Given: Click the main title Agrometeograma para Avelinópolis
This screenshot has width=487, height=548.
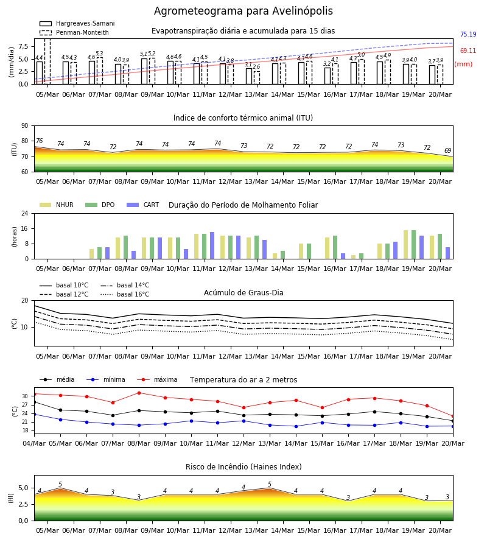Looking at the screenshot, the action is tap(243, 11).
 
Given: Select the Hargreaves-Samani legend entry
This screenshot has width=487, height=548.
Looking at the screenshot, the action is tap(77, 23).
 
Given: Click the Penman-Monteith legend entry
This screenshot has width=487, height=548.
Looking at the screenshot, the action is tap(74, 32).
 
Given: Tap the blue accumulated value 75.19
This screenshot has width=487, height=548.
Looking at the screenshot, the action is tap(468, 34).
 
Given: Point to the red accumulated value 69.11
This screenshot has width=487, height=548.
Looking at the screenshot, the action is tap(468, 51).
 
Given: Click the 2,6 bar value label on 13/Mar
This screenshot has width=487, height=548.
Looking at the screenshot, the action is tap(256, 67).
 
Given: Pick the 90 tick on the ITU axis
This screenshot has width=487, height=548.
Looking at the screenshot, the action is tap(25, 126).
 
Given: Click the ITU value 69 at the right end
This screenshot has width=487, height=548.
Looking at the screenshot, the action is tap(447, 150).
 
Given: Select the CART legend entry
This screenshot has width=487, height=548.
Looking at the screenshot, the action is tap(143, 205).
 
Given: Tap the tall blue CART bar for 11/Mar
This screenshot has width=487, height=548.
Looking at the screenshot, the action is tap(212, 245).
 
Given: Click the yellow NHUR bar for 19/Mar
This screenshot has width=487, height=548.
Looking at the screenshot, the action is tap(405, 245).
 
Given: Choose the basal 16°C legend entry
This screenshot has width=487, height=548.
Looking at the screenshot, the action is tap(125, 294).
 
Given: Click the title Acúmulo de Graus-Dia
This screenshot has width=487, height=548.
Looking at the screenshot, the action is tap(243, 293).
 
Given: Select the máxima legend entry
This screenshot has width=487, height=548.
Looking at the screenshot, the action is tap(157, 379).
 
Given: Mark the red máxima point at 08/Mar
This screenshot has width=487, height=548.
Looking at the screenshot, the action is tap(139, 393).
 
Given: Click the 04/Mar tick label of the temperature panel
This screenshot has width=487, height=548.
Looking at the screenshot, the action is tap(34, 443).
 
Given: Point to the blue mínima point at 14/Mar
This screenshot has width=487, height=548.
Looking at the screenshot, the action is tap(296, 426).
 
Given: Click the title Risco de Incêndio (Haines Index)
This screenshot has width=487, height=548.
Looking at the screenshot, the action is tap(243, 467).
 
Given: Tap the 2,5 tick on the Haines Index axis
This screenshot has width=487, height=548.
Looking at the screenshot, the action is tap(23, 504).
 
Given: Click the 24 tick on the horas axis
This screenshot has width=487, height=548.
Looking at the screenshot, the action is tap(25, 213).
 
